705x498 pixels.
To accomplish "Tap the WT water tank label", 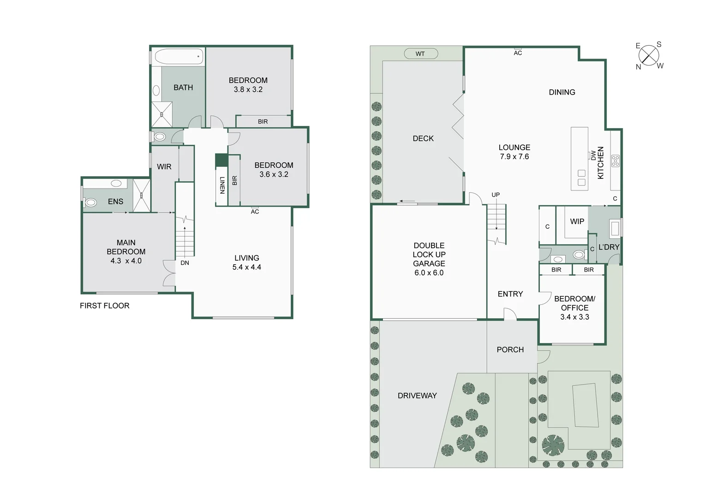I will (x=420, y=54).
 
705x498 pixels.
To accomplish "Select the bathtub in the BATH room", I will (x=179, y=57).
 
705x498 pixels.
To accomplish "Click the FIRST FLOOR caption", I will (x=104, y=306).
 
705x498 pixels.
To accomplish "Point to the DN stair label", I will (x=185, y=263).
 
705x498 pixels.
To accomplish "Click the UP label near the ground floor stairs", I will (x=496, y=195).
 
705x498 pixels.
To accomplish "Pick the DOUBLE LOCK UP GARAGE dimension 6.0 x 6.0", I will (x=429, y=273).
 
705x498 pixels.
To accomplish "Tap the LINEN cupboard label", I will (x=222, y=185).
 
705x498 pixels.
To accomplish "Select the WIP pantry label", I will (x=577, y=221).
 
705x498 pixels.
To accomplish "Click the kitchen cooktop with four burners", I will (x=615, y=161).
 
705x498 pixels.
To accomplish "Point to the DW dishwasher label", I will (x=593, y=155).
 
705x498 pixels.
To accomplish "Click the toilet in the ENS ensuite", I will (x=91, y=202).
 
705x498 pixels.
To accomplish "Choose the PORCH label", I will (x=510, y=350).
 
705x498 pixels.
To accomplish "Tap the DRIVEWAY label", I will (x=417, y=396).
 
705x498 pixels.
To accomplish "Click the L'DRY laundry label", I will (x=609, y=247).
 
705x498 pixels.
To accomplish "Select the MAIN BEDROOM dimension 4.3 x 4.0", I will (x=126, y=261).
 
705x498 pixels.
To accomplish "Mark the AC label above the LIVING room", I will (x=255, y=212).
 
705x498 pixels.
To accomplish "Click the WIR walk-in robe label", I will (x=164, y=166).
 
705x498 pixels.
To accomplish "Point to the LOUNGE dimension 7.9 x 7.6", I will (x=514, y=157).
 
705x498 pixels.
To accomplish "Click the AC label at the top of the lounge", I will (x=518, y=53).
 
